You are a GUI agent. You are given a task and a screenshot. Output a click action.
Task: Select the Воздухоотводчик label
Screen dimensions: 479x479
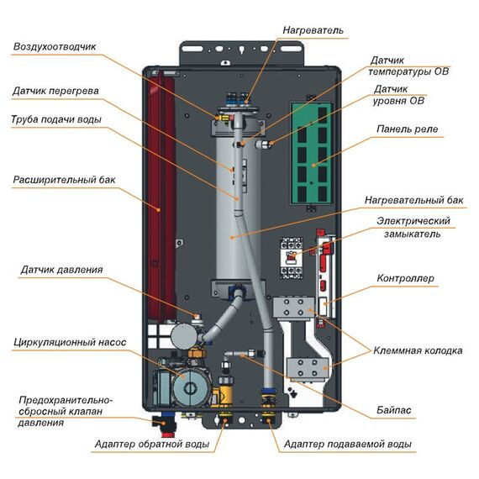point(55,47)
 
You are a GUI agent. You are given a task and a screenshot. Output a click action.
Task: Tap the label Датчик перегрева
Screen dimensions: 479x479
point(56,91)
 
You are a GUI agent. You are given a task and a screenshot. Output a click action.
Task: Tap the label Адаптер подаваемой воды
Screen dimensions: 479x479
point(348,444)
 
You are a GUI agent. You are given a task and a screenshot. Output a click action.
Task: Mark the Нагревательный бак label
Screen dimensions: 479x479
point(413,202)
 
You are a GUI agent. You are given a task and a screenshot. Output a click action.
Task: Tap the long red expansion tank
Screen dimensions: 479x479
point(158,193)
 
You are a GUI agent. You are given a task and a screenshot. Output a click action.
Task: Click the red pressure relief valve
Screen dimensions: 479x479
point(159,418)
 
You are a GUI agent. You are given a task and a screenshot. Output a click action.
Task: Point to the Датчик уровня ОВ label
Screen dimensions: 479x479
point(402,95)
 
